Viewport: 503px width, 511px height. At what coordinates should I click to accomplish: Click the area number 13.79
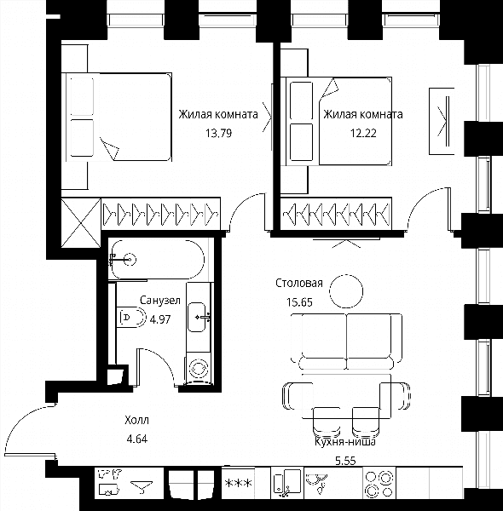point(218,133)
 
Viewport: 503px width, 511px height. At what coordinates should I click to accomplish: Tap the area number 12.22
point(363,133)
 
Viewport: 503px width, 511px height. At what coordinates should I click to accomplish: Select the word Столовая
point(299,283)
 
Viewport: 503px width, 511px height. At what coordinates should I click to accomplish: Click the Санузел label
point(160,300)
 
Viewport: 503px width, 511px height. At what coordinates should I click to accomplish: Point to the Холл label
point(136,420)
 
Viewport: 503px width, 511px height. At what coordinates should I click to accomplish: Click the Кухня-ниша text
point(345,442)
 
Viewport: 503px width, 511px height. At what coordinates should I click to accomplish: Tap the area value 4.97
point(159,319)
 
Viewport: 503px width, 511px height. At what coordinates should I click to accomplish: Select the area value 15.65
point(299,302)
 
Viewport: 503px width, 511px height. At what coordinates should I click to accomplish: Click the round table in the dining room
point(346,291)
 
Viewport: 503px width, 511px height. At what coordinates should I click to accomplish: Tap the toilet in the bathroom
point(130,317)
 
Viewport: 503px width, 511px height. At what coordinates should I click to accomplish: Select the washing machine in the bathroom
point(199,369)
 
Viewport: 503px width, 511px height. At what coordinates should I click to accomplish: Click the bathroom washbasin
point(197,317)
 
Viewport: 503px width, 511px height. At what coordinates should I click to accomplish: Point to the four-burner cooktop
point(379,483)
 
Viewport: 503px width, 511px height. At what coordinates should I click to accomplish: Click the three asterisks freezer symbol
point(239,483)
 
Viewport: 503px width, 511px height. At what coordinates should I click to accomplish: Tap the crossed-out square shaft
point(81,223)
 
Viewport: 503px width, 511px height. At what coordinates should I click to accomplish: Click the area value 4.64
point(137,439)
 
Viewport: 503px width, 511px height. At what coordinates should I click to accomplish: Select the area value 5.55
point(345,461)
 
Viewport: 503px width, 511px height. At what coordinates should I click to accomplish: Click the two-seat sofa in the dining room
point(346,341)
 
